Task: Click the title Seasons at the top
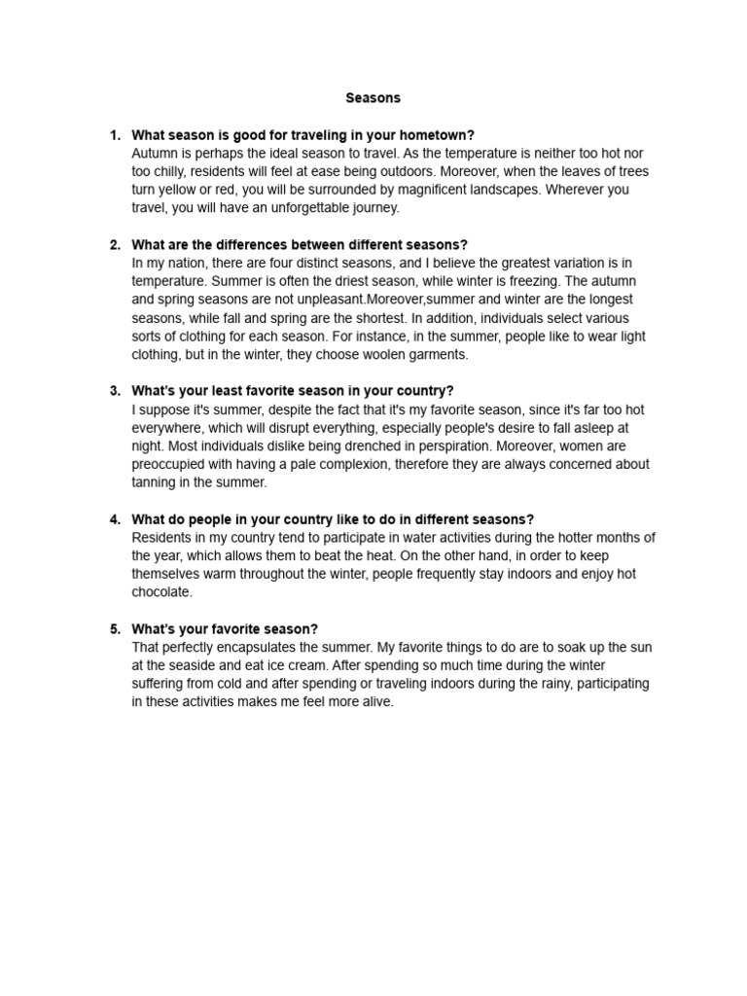[x=373, y=98]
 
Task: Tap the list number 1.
[x=114, y=135]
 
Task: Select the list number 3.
[x=114, y=391]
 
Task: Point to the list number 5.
[x=114, y=629]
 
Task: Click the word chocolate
[x=162, y=592]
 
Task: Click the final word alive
[x=373, y=702]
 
